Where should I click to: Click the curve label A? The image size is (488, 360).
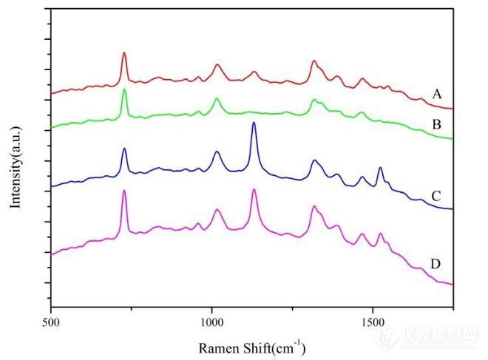coord(437,94)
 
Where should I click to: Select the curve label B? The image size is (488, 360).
coord(437,123)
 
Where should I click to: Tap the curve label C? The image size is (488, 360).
coord(437,196)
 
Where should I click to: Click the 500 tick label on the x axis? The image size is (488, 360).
coord(51,322)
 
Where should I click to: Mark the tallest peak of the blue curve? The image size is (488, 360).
coord(254,123)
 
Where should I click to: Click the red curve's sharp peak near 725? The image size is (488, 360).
coord(124,52)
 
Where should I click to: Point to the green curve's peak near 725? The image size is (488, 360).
coord(124,89)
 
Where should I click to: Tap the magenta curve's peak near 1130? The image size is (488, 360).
coord(254,190)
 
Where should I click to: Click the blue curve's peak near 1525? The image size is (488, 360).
coord(380,168)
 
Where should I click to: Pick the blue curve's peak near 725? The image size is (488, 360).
coord(124,149)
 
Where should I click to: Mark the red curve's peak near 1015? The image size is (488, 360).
coord(217,64)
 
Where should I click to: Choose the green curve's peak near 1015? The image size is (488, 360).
coord(217,98)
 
